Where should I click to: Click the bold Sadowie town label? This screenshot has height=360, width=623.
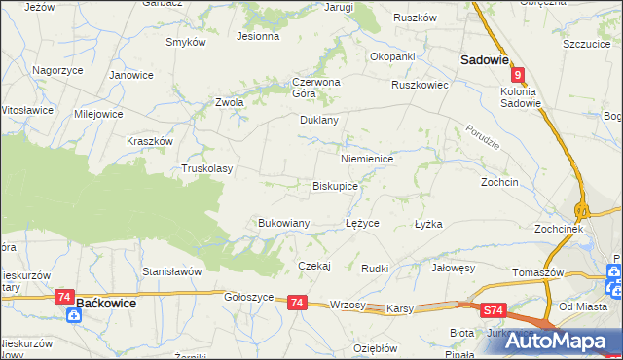click(x=485, y=59)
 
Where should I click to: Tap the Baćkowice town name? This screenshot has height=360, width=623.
click(x=105, y=304)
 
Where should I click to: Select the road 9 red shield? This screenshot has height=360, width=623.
click(x=519, y=75)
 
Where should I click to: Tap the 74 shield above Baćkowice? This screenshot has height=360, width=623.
click(x=65, y=296)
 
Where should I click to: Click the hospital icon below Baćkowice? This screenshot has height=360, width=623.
click(x=76, y=314)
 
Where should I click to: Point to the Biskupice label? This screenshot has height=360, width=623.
click(x=335, y=185)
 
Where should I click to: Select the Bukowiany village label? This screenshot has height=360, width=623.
click(x=283, y=223)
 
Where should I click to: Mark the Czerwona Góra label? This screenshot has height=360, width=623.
click(x=316, y=88)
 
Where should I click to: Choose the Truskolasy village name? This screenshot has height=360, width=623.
click(x=207, y=168)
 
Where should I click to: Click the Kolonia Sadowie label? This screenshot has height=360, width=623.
click(x=520, y=97)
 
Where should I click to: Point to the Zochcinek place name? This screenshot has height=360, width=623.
click(x=558, y=229)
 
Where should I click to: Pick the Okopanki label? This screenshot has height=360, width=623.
click(x=392, y=56)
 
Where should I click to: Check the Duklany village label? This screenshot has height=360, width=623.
click(x=318, y=121)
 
